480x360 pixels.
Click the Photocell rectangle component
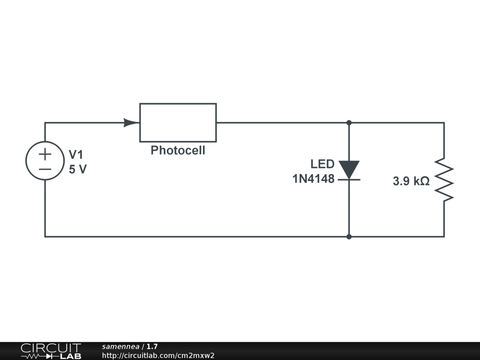coord(178,122)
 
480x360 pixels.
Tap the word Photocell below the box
coord(178,150)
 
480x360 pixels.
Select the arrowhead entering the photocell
coord(131,123)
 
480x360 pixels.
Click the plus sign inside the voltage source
coord(45,154)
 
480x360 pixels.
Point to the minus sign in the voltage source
coord(45,169)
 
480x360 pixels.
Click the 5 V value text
coord(78,169)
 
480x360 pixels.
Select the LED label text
coord(322,164)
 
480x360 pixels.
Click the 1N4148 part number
coord(314,179)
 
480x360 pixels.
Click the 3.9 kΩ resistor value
coord(411,181)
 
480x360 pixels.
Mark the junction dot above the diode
coord(349,123)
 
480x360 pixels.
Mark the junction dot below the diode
coord(349,237)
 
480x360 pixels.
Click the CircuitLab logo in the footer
coord(50,351)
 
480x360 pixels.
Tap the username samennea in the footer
coord(120,347)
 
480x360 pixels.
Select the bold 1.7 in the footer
coord(152,347)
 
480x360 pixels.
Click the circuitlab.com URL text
coord(158,355)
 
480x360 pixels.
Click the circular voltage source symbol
coord(45,161)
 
